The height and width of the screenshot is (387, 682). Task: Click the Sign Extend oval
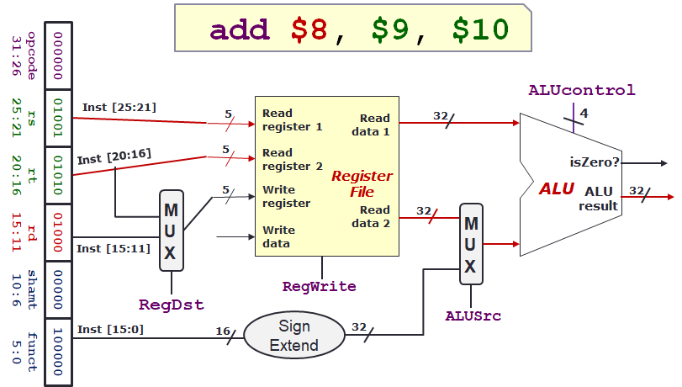294,336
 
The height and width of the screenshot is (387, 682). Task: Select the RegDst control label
172,303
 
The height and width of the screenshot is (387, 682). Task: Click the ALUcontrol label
581,90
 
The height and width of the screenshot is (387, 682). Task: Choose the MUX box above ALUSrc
471,243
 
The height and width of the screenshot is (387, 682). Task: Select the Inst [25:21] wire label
119,107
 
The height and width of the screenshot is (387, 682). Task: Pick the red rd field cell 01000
57,232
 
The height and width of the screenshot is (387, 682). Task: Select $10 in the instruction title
480,29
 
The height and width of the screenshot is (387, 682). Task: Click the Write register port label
286,196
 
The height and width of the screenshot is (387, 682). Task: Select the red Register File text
362,183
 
